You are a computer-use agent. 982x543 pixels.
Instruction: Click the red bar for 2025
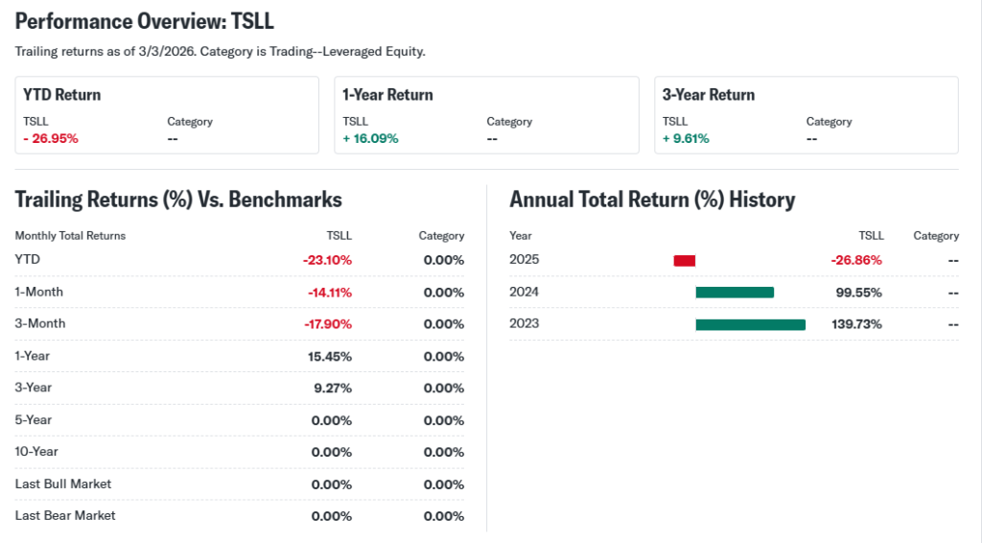[685, 260]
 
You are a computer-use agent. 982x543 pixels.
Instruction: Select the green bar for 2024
[735, 293]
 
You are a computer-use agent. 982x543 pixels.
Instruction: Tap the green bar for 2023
[750, 324]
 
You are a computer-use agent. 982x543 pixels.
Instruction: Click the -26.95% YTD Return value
[51, 138]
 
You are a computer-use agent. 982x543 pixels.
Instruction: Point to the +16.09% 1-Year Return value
[370, 138]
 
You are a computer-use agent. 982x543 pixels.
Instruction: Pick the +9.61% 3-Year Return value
[686, 138]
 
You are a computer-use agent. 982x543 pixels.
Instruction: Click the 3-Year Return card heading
[709, 95]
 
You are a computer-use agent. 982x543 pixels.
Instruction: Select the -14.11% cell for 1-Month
[330, 293]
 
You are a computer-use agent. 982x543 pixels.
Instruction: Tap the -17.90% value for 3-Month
[328, 324]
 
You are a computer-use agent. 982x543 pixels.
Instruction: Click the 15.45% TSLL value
[332, 356]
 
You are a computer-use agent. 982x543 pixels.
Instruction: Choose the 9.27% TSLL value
[335, 388]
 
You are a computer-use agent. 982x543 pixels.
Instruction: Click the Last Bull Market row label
[63, 484]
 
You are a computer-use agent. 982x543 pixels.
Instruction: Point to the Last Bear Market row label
[65, 515]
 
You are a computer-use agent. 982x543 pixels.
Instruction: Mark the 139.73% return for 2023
[856, 324]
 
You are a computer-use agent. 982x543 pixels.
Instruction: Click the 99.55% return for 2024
[859, 293]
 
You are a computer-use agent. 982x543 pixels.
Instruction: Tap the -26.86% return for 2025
[856, 260]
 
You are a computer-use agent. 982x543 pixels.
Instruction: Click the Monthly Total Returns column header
[70, 236]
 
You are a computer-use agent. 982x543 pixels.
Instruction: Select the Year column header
[521, 236]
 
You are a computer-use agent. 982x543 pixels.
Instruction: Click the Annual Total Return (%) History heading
[652, 200]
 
